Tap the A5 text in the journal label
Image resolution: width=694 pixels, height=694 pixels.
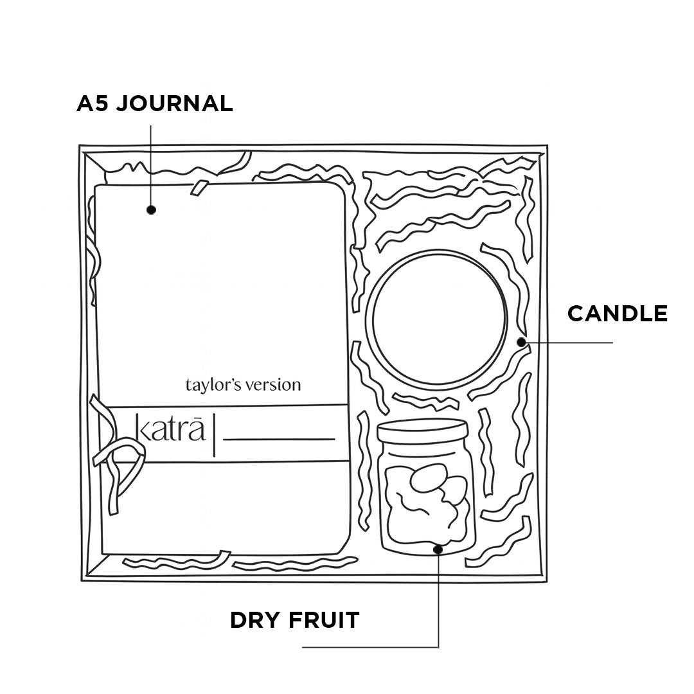91,103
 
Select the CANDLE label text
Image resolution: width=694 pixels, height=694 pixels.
618,314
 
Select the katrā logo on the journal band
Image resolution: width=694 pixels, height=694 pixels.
171,429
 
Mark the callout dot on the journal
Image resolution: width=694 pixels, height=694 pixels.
152,209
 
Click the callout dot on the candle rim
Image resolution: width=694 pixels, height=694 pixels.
521,342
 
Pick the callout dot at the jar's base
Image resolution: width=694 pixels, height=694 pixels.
438,549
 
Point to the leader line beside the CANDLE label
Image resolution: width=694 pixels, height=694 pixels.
572,343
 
